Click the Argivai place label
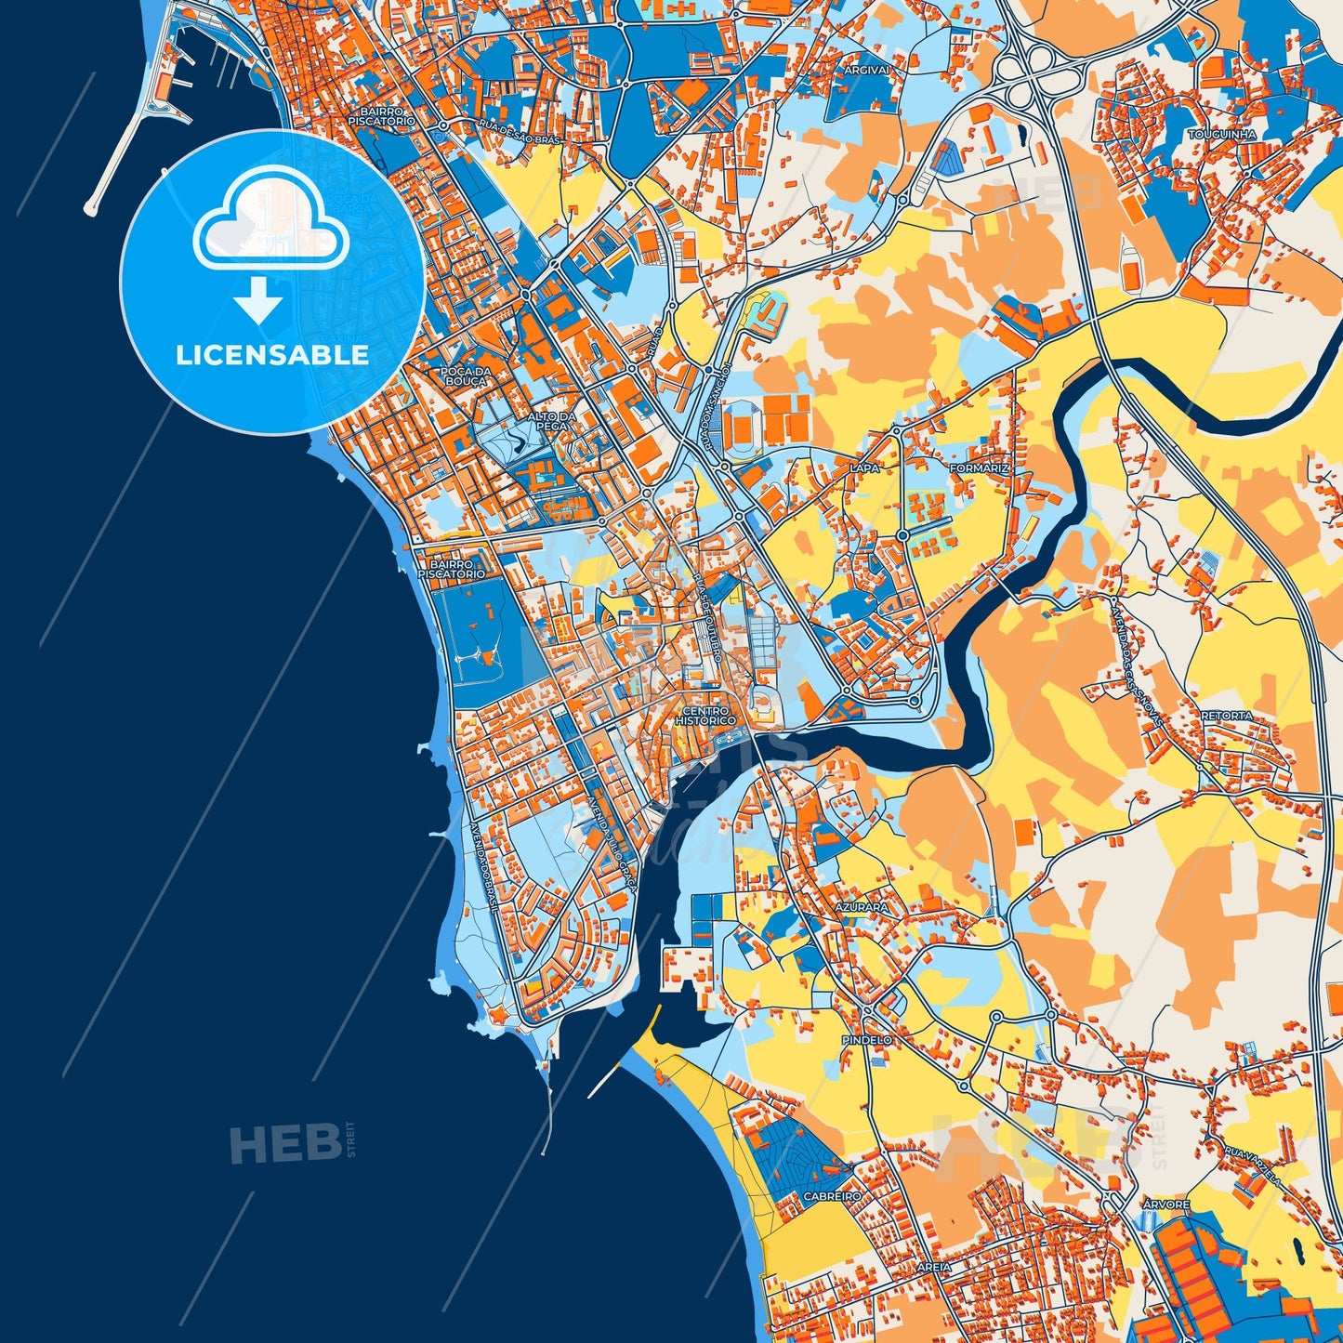click(x=867, y=70)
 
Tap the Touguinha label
click(x=1221, y=134)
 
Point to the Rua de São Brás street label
click(x=520, y=129)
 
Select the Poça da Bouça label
click(x=463, y=376)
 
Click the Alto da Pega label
click(x=552, y=421)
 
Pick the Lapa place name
click(x=863, y=468)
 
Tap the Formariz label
click(x=979, y=468)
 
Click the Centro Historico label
click(x=705, y=716)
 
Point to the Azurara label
click(x=861, y=906)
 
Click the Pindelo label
click(x=866, y=1039)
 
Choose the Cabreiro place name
click(x=832, y=1196)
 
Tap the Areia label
click(x=933, y=1267)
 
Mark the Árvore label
click(x=1165, y=1205)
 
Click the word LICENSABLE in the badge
click(x=271, y=355)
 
